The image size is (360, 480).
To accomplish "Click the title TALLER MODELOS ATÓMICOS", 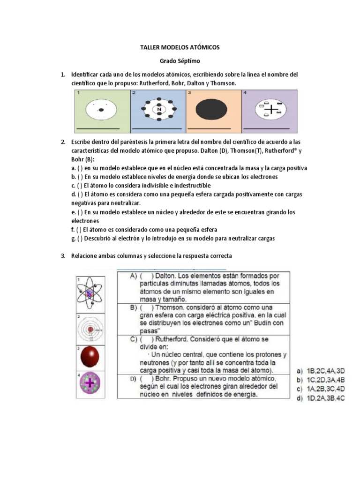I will coord(180,48).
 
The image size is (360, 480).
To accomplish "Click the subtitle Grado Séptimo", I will coord(180,61).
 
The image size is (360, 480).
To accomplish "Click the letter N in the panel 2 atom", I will coord(159,110).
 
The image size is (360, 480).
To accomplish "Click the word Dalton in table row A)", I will coord(168,277).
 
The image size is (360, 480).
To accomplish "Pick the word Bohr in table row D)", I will coord(165,378).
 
